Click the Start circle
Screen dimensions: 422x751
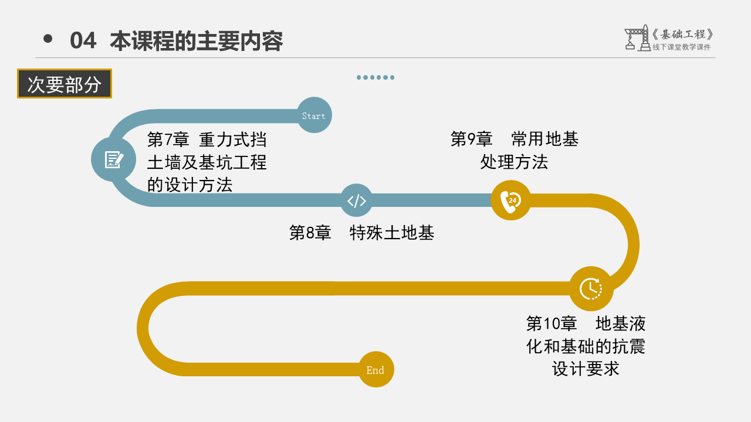coord(314,115)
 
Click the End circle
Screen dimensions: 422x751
coord(375,369)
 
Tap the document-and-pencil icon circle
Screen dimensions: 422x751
coord(113,159)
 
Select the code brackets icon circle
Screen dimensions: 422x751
coord(357,200)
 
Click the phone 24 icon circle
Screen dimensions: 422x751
coord(510,200)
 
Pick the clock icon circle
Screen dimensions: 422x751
coord(591,288)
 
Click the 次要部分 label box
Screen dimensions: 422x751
coord(65,84)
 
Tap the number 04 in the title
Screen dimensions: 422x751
coord(83,41)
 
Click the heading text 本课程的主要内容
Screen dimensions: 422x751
coord(197,41)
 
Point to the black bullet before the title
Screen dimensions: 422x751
coord(48,39)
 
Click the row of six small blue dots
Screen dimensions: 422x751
coord(375,77)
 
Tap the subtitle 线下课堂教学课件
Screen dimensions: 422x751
coord(681,47)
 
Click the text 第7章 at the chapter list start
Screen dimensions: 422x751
coord(168,139)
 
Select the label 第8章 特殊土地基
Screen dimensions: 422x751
coord(361,233)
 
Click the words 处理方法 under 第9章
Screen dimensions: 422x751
coord(514,162)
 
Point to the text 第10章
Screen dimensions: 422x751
coord(552,323)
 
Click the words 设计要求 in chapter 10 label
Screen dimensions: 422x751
coord(586,369)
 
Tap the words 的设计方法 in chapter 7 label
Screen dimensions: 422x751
coord(190,185)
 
